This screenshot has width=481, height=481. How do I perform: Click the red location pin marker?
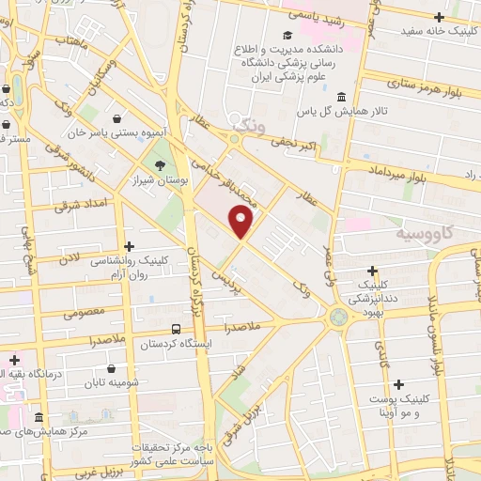[x=242, y=223]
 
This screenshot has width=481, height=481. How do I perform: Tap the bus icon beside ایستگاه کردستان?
[x=177, y=329]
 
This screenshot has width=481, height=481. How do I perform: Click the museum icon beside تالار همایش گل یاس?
[x=339, y=97]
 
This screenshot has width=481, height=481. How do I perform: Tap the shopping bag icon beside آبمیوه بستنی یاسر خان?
[x=115, y=118]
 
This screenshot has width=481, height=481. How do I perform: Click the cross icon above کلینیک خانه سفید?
[x=439, y=16]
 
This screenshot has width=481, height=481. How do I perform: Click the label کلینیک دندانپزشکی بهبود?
[x=374, y=293]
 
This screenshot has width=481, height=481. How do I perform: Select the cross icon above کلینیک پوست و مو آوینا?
[x=400, y=383]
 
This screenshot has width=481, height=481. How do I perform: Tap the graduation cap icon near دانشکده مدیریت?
[x=286, y=36]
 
